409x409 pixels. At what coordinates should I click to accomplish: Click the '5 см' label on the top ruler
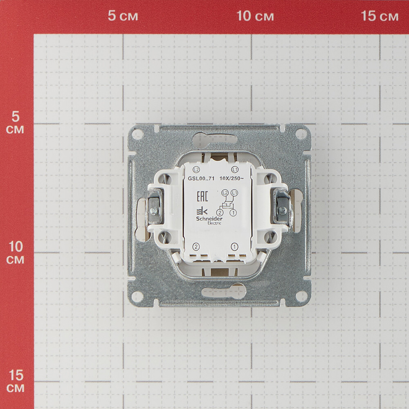[x=123, y=16]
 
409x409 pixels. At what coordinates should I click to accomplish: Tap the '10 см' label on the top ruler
[x=255, y=16]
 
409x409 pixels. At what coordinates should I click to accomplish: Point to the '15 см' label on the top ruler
[x=380, y=16]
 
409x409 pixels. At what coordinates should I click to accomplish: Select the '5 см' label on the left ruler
[x=15, y=123]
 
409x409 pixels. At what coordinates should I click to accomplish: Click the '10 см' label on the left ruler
[x=16, y=252]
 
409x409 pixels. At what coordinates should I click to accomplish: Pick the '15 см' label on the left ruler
[x=16, y=381]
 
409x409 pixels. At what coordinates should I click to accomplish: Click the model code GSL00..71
[x=201, y=178]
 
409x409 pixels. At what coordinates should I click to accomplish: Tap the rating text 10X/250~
[x=231, y=178]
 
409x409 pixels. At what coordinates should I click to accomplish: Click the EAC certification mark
[x=202, y=196]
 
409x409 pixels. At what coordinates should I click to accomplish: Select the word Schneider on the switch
[x=209, y=218]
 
